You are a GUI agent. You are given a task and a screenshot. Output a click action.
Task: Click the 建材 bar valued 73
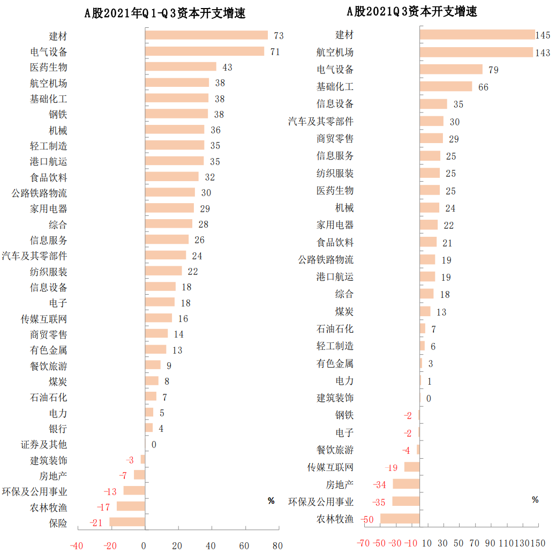(206, 35)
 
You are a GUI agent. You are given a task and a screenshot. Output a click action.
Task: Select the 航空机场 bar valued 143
(476, 53)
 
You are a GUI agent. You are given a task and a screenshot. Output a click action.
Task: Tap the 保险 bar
(127, 522)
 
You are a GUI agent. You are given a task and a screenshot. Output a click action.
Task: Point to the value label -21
(96, 523)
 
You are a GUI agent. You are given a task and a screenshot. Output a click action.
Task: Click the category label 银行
(58, 429)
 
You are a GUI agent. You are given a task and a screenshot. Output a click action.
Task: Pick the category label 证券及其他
(44, 444)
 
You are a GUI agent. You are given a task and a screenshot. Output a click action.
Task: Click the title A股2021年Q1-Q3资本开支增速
(165, 13)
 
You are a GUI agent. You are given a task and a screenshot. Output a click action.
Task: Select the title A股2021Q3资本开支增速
(411, 11)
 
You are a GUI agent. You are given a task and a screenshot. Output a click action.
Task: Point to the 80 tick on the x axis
(277, 546)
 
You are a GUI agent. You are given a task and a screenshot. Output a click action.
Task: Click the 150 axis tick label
(537, 543)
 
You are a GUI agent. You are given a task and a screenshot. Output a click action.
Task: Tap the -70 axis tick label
(363, 543)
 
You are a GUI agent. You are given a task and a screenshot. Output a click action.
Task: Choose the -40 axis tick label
(77, 546)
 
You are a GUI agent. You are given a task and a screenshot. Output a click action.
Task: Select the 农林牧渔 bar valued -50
(400, 519)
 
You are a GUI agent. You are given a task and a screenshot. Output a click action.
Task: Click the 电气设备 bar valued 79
(451, 70)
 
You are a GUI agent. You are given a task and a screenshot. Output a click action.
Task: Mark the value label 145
(543, 35)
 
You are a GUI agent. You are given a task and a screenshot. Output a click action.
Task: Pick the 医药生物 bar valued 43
(181, 67)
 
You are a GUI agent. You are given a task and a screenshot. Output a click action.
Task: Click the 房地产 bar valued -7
(139, 475)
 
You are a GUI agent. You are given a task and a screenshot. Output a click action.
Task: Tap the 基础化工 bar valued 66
(446, 87)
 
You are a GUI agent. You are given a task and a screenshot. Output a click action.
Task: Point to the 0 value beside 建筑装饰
(429, 398)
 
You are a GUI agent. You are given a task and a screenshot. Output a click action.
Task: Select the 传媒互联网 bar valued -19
(412, 467)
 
